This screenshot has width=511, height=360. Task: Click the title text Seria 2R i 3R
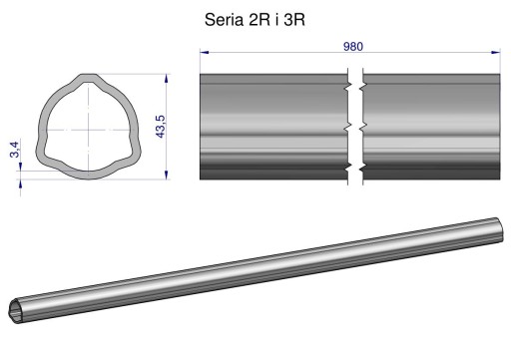255,20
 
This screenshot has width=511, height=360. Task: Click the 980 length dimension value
353,47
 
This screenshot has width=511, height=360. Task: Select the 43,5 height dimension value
161,127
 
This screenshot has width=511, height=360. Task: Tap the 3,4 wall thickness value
15,150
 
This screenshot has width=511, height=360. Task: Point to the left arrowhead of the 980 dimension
204,52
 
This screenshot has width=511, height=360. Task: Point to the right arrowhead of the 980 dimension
496,52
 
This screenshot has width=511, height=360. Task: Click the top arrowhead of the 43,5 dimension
167,79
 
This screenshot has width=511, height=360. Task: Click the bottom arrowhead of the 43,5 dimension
167,175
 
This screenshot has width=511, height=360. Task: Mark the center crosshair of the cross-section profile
88,130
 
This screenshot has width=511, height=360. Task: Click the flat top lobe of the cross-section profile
88,77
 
